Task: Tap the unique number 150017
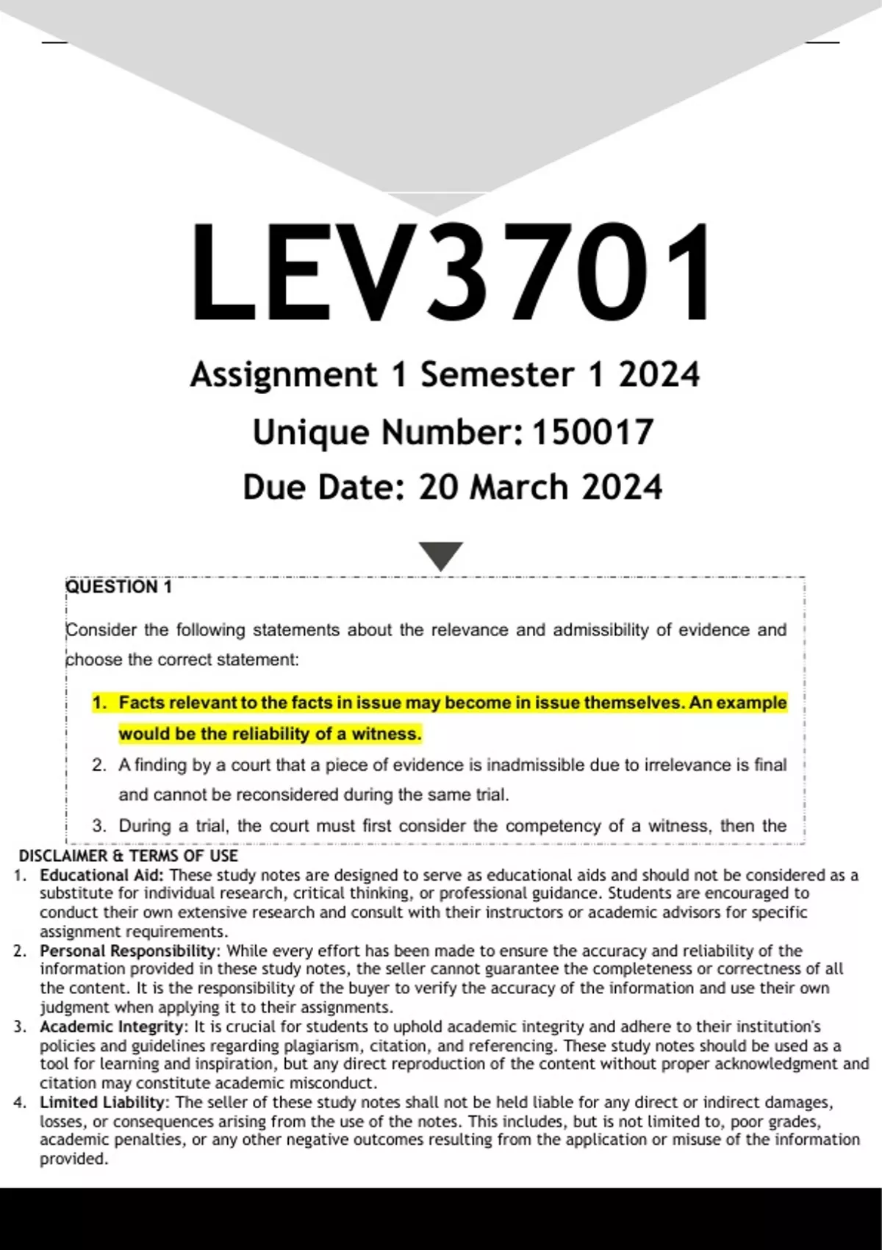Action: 592,432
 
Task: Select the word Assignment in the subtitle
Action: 283,375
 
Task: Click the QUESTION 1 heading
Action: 118,587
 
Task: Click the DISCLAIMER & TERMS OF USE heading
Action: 128,856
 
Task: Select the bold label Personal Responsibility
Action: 128,951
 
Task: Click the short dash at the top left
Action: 54,43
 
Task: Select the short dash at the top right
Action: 822,43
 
